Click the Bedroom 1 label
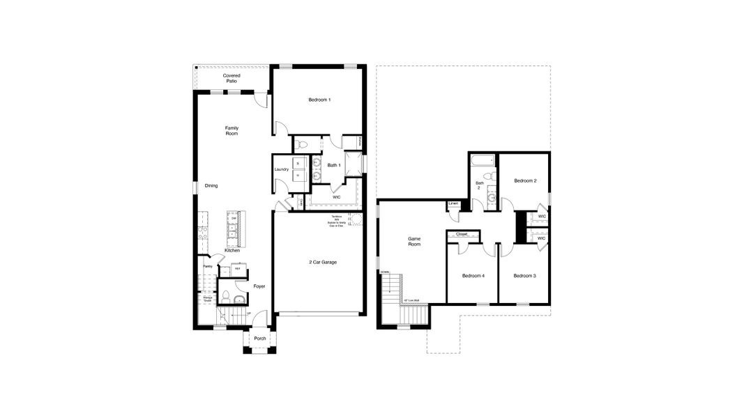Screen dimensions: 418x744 point(319,100)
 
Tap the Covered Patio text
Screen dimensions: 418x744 point(231,78)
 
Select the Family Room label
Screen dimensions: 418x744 point(231,130)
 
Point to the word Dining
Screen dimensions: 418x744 point(211,186)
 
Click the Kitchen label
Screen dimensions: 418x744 point(231,251)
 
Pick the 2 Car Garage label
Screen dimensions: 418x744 point(323,262)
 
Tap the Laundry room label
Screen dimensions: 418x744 point(282,169)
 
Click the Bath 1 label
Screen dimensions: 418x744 point(334,165)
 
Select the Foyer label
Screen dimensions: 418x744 point(259,286)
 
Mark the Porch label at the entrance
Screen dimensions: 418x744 point(260,339)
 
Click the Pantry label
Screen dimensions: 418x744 point(207,266)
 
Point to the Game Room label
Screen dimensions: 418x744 point(414,242)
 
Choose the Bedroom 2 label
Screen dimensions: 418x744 point(524,180)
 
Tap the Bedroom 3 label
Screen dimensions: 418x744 point(524,277)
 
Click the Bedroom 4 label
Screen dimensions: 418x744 point(473,277)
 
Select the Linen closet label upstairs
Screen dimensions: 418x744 point(453,204)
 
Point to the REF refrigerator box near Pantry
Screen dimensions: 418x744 point(237,268)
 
